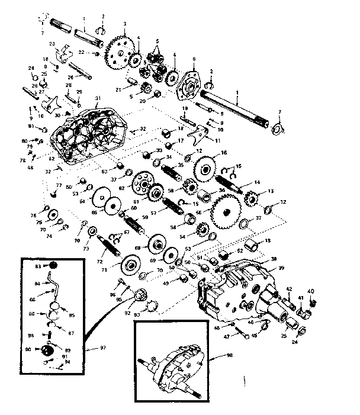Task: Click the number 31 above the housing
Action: (x=97, y=98)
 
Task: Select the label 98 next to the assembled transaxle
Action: (x=230, y=355)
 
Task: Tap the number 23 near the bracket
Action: (x=52, y=44)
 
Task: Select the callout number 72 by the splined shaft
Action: (x=100, y=261)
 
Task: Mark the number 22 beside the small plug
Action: (x=89, y=53)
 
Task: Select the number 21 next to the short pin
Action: (x=118, y=89)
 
